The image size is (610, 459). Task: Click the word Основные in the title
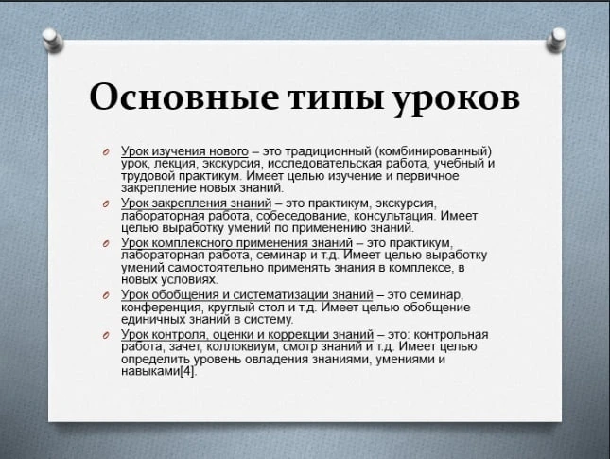click(183, 97)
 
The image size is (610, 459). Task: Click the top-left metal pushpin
click(53, 40)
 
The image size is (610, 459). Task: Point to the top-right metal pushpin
click(556, 40)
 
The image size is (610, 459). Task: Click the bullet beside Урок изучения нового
click(106, 152)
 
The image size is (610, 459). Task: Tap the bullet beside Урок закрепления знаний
click(106, 204)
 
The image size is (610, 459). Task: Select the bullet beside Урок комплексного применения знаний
click(106, 244)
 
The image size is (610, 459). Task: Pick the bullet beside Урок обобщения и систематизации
click(106, 296)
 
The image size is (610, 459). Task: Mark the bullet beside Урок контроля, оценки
click(106, 335)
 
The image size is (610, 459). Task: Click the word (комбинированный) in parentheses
click(433, 151)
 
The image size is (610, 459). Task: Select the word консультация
click(395, 216)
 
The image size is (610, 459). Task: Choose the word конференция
click(162, 308)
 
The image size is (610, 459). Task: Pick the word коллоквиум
click(242, 346)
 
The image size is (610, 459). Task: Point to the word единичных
click(153, 320)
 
